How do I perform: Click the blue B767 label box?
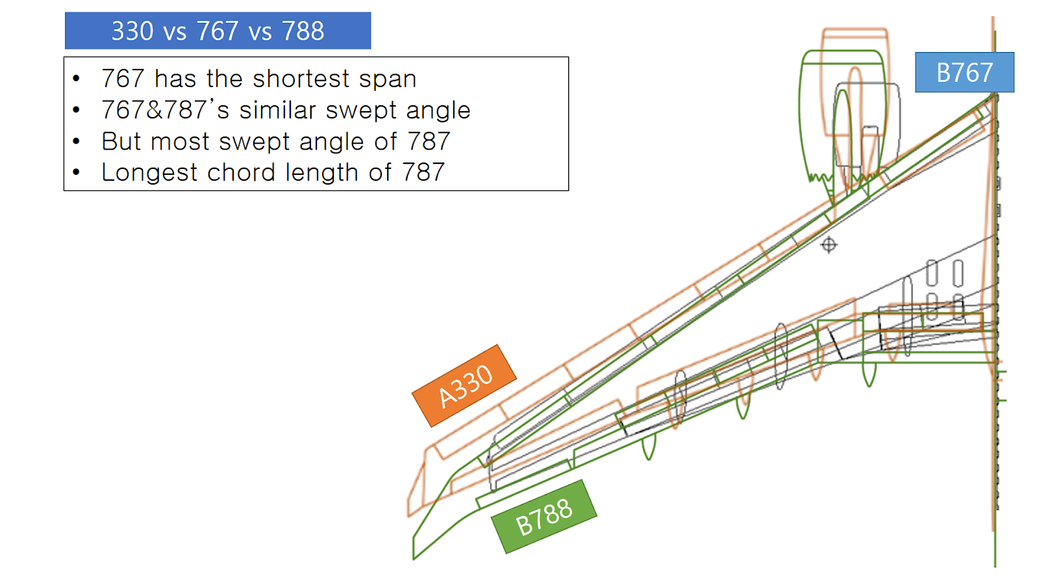pyautogui.click(x=964, y=72)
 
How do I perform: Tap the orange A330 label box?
pyautogui.click(x=464, y=386)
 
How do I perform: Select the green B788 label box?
pyautogui.click(x=544, y=517)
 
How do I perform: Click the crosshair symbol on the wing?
pyautogui.click(x=829, y=245)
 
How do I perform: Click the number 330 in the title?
pyautogui.click(x=132, y=31)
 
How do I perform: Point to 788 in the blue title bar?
pyautogui.click(x=303, y=31)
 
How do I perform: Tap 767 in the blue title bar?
pyautogui.click(x=218, y=31)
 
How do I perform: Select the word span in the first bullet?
pyautogui.click(x=388, y=79)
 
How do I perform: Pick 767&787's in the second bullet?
pyautogui.click(x=166, y=110)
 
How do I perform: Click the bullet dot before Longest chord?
pyautogui.click(x=77, y=172)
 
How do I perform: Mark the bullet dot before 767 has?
pyautogui.click(x=77, y=79)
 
